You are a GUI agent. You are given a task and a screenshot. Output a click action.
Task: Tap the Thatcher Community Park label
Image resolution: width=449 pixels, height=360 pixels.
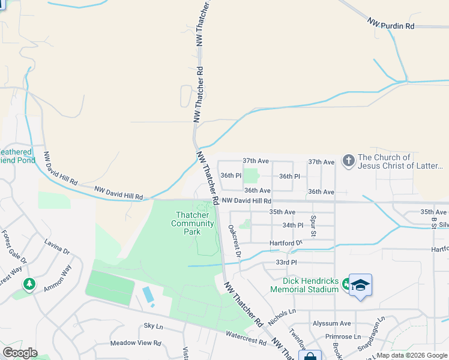[x=192, y=223]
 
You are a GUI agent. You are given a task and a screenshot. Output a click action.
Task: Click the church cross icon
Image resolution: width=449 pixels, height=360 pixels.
[x=348, y=161]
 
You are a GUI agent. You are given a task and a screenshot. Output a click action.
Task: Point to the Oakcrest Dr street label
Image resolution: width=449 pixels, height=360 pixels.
[x=235, y=242]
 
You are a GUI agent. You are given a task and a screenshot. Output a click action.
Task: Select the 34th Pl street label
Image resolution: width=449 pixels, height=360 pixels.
[x=293, y=226]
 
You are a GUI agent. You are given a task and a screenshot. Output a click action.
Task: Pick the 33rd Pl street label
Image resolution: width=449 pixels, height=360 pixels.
[x=286, y=263]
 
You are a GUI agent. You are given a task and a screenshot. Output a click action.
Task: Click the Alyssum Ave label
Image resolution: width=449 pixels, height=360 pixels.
[x=331, y=323]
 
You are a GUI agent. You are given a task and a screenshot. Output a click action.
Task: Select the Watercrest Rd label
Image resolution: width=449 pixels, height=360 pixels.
[x=246, y=341]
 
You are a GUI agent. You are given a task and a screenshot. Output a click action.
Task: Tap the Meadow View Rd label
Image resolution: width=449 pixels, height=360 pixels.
[x=136, y=344]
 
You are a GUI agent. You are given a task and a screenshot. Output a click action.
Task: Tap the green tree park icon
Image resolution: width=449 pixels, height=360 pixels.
[x=28, y=284]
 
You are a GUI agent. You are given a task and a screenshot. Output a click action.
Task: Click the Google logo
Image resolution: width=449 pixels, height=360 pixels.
[x=20, y=353]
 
